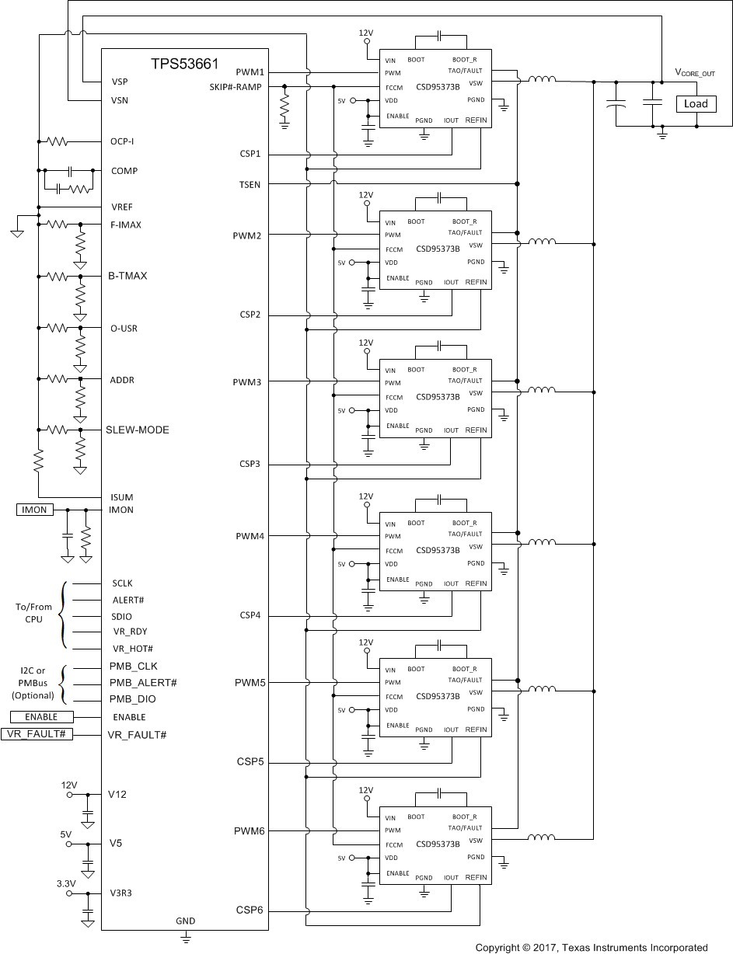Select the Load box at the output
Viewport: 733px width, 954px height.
[695, 104]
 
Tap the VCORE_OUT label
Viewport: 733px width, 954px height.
[694, 73]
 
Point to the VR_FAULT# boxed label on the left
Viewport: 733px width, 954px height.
[37, 734]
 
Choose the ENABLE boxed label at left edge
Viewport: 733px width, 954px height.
[41, 717]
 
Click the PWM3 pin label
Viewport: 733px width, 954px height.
[249, 382]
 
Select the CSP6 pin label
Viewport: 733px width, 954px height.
[250, 910]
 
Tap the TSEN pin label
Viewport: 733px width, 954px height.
[250, 184]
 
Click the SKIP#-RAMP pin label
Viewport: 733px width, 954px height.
[236, 86]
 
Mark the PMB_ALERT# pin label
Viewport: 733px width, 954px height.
[143, 682]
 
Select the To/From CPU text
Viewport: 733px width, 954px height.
[33, 613]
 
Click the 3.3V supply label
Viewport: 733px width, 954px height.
[65, 883]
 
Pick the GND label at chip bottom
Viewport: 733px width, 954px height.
[185, 921]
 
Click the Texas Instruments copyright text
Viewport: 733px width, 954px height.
[592, 947]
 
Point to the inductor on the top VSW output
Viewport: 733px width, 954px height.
[542, 80]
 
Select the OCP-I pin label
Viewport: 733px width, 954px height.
[125, 141]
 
